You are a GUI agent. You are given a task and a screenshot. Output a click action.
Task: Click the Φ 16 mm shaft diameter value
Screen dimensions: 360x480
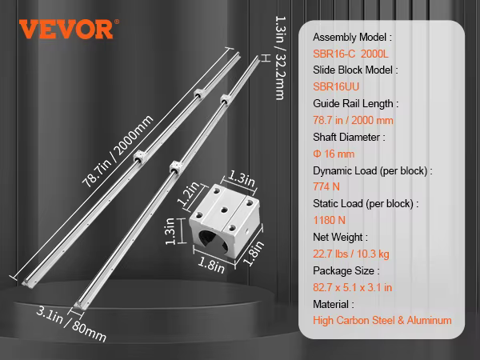334,154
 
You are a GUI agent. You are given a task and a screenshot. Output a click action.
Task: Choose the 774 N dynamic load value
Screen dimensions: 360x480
326,187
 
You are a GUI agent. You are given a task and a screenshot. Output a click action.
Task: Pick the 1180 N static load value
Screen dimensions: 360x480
330,220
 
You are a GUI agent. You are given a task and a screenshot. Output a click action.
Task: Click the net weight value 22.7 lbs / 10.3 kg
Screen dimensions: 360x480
353,254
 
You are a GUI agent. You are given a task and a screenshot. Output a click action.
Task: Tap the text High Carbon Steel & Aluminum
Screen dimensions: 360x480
382,321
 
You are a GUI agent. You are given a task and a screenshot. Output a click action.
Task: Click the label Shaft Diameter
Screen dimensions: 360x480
349,137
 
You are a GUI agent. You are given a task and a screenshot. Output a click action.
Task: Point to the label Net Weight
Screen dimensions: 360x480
340,237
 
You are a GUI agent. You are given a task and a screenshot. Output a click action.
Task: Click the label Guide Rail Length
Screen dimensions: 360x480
355,103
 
